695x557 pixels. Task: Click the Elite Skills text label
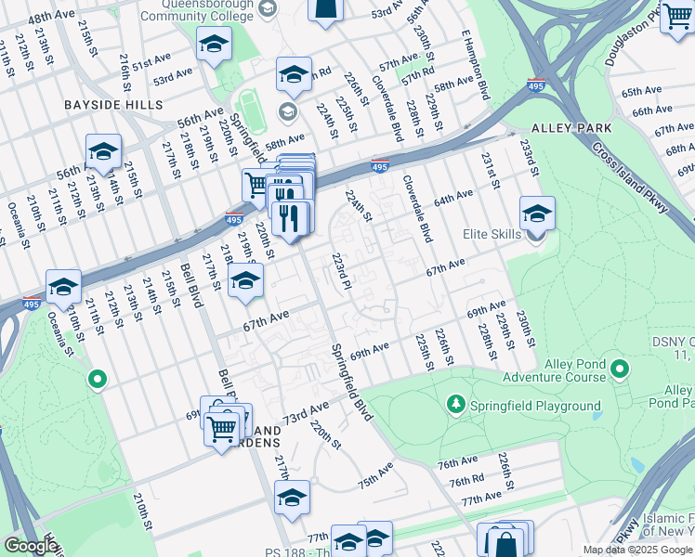click(x=492, y=235)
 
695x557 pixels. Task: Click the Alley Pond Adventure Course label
click(x=552, y=370)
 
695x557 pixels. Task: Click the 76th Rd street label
click(x=468, y=482)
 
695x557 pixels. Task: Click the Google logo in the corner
click(x=30, y=546)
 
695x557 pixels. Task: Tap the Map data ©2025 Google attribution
click(x=637, y=550)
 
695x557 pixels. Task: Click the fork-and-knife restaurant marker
click(x=293, y=218)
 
